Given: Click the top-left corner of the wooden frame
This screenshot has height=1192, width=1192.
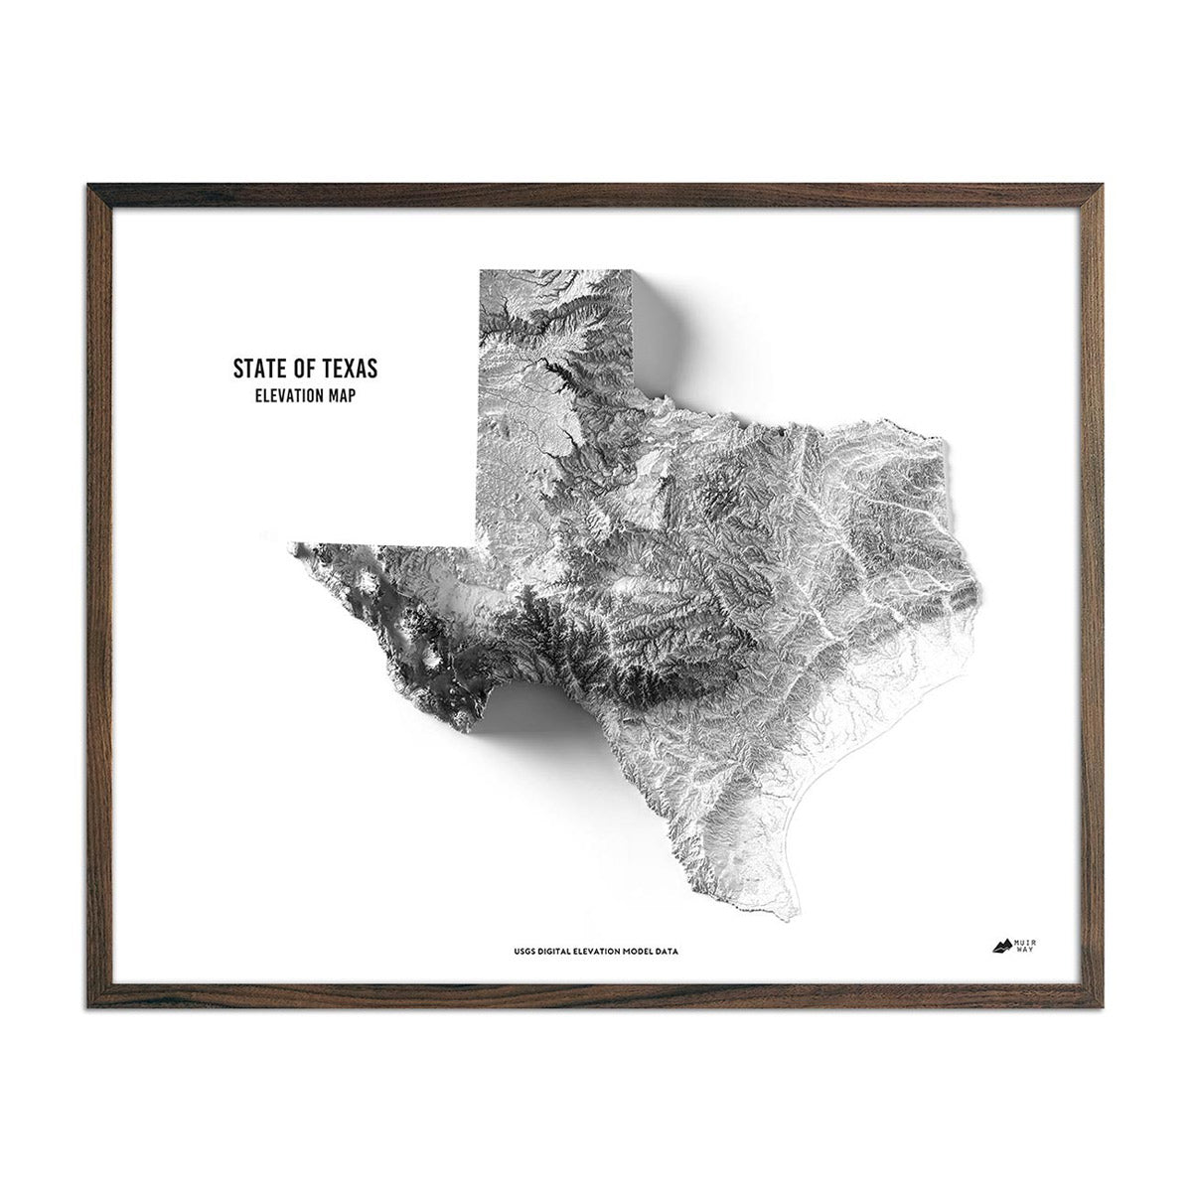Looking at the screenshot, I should pyautogui.click(x=90, y=187).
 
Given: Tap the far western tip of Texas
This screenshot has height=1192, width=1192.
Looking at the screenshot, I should pyautogui.click(x=291, y=544).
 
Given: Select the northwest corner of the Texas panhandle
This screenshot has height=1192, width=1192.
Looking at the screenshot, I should pyautogui.click(x=481, y=271).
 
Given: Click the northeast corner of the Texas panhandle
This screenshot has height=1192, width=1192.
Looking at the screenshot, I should pyautogui.click(x=632, y=271).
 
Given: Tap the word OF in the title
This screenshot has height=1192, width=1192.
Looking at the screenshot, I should pyautogui.click(x=297, y=369).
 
